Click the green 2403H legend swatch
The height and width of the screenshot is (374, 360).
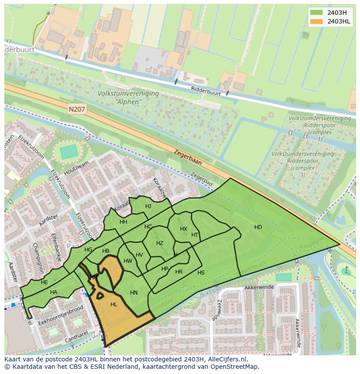point(317,13)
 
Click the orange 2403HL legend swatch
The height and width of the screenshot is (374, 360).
point(317,21)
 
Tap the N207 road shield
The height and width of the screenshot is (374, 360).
point(77,110)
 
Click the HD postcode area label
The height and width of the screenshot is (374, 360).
point(258,227)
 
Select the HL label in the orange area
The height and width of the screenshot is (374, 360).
point(114,304)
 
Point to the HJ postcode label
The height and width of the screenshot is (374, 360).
point(148,206)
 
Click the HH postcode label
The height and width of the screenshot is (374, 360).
point(123,222)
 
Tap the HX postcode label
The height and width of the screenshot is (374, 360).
point(183,229)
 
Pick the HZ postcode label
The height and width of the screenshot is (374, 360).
point(160,243)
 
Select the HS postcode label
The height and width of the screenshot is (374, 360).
point(201,273)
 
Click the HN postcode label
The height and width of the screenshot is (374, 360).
point(134,293)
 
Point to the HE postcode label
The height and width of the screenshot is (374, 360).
point(44,282)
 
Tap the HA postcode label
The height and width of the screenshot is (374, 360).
point(53,292)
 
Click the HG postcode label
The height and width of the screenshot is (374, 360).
point(88,250)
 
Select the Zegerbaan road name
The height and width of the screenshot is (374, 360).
point(188,157)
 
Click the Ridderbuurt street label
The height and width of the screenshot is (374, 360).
point(206,90)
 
